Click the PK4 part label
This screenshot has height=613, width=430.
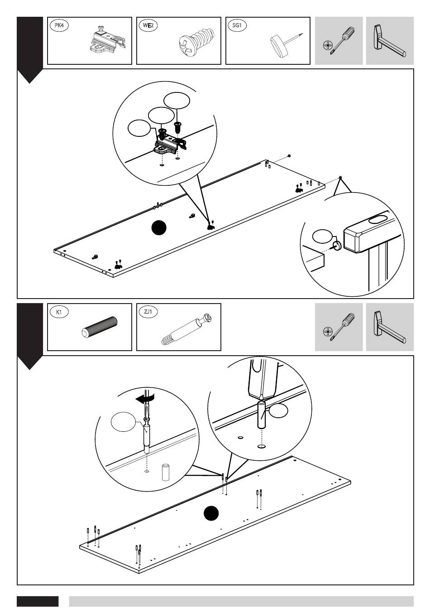pos(59,26)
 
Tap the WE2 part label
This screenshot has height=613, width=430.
pos(148,26)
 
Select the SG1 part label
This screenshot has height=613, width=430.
pos(237,26)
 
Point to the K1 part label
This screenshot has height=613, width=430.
pos(59,312)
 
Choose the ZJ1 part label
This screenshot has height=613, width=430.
pos(148,312)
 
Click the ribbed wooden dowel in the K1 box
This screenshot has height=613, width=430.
pos(100,328)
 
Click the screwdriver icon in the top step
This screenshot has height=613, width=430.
pos(338,41)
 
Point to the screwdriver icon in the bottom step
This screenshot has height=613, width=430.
pos(338,327)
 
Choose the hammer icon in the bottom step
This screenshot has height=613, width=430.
pos(389,327)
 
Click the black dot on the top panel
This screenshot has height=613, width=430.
pos(159,228)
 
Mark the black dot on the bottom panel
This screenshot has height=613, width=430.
pos(211,514)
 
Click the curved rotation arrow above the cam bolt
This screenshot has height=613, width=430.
pos(146,397)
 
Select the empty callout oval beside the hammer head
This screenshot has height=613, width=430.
pos(322,236)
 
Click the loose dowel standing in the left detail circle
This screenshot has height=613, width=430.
pos(166,473)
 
